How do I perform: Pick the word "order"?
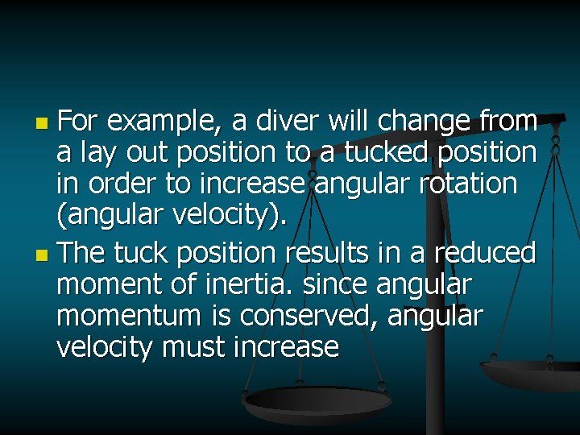(x=126, y=184)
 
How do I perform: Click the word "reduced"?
(x=485, y=253)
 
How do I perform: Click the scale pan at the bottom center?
(x=317, y=400)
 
